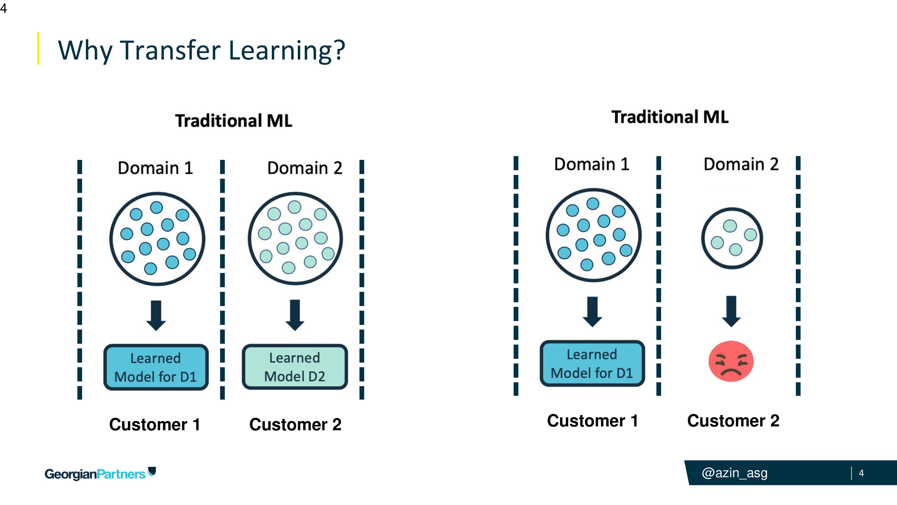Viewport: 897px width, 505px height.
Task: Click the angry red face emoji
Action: coord(731,361)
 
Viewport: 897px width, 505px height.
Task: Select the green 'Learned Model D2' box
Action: coord(295,367)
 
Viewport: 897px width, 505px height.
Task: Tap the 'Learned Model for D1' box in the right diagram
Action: coord(592,363)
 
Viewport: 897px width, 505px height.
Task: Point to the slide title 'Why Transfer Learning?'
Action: coord(201,50)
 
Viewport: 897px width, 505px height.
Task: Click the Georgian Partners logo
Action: coord(100,474)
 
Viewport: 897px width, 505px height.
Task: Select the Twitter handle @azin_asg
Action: coord(734,473)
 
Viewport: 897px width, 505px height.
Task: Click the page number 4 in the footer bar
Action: coord(861,473)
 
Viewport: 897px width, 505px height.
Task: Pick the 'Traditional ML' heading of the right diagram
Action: coord(670,117)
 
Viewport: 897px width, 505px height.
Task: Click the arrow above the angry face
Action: coord(731,311)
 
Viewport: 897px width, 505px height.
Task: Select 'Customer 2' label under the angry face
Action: coord(733,421)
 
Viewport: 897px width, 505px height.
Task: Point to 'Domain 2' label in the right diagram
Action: coord(741,164)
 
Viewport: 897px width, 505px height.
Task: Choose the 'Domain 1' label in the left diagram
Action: coord(155,168)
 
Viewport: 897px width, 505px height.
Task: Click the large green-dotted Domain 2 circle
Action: coord(295,238)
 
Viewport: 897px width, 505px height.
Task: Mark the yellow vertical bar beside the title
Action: coord(38,48)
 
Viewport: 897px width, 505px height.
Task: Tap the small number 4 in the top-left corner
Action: coord(4,8)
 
